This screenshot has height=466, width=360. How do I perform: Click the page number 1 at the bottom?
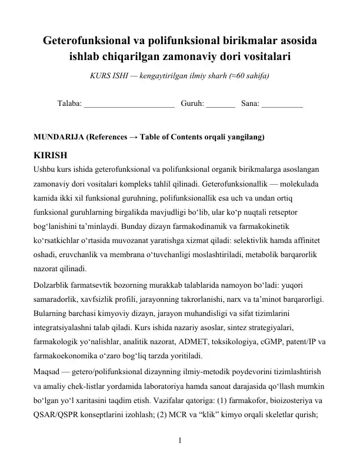[x=180, y=440]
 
